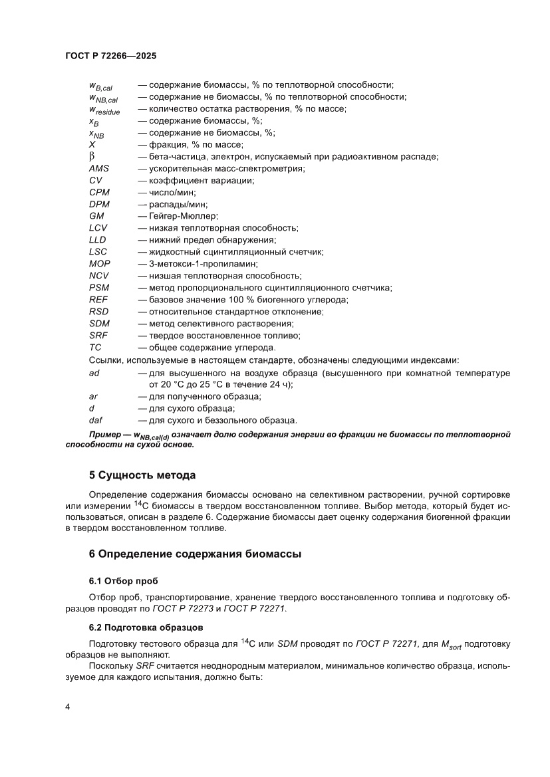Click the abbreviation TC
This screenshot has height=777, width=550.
coord(95,347)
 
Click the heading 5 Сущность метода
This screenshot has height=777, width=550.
coord(142,475)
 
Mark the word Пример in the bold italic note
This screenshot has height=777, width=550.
coord(105,435)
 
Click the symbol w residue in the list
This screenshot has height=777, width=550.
coord(104,110)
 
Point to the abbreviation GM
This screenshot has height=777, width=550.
coord(96,216)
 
